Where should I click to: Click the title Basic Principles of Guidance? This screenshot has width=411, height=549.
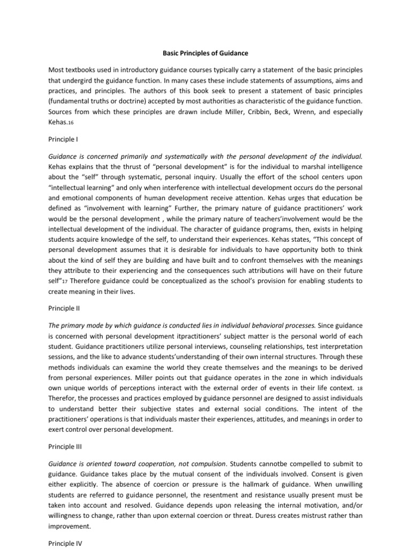point(205,53)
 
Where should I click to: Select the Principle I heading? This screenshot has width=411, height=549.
point(63,139)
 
